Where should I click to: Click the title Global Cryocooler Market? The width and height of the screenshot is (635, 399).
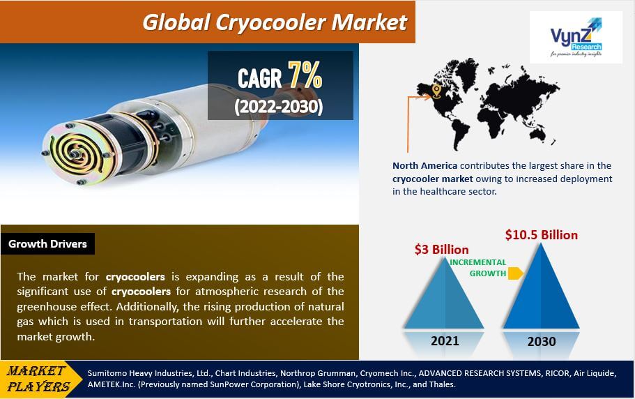point(275,22)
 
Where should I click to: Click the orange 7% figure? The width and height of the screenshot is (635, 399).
point(305,77)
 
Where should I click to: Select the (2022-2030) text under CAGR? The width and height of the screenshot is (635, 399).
point(279,107)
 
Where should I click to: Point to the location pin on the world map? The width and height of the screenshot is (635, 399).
point(436,91)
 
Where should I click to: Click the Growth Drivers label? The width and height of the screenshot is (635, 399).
point(48,244)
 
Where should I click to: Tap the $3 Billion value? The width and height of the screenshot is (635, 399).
point(441,249)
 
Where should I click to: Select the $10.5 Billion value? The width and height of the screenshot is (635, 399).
point(542,234)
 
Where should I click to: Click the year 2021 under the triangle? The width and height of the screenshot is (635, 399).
point(445,340)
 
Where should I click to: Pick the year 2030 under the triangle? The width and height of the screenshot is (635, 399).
point(542,341)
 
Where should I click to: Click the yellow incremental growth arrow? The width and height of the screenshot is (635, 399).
point(515,273)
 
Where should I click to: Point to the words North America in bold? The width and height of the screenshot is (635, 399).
point(425,165)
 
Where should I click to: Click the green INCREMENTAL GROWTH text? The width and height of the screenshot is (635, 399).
point(477,268)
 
